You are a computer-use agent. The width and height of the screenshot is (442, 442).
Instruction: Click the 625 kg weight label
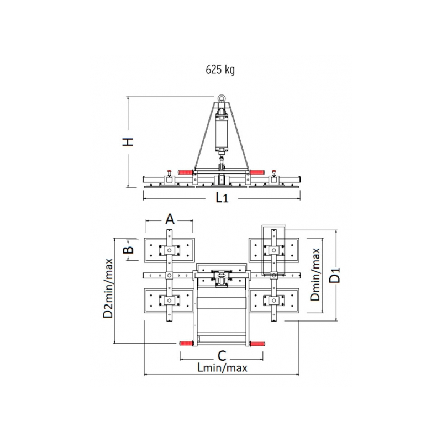pos(220,70)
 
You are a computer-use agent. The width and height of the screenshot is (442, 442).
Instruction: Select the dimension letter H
pos(128,142)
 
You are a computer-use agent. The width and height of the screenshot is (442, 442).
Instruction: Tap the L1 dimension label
pos(222,198)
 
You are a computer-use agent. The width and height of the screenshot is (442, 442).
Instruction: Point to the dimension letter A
pos(170,219)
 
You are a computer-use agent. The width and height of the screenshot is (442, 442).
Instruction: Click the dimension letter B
pos(129,250)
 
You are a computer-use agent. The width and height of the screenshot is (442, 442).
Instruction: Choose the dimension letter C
pos(222,356)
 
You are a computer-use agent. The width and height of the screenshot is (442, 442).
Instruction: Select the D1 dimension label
pos(335,275)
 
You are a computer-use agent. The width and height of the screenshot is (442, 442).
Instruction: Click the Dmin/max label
pos(315,275)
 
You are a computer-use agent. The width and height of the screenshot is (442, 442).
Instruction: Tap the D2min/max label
pos(108,288)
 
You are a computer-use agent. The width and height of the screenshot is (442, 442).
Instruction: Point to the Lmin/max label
pos(223,367)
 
